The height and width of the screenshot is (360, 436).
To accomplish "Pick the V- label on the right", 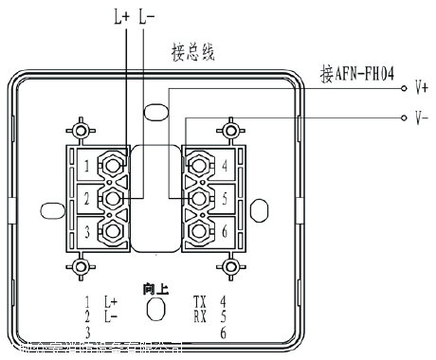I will coord(423,119).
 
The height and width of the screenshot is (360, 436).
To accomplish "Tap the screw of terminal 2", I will coord(113,198).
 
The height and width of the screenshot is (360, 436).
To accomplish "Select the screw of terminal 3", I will coord(113,229).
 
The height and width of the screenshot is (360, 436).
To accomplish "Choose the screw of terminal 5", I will coord(200,198).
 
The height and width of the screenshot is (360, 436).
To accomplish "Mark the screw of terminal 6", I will coord(200,229).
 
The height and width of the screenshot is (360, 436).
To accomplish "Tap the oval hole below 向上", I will coord(156,309).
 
